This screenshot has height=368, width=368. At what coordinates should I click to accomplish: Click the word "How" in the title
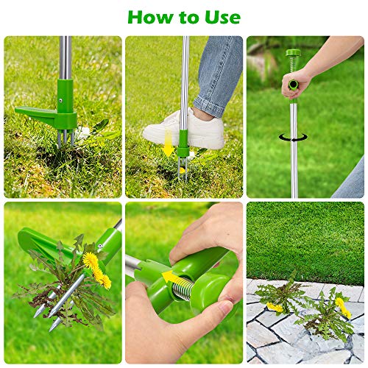[x=150, y=16]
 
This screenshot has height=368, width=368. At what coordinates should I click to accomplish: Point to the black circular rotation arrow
[x=294, y=138]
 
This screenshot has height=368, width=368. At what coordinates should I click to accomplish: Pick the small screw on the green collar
[x=60, y=104]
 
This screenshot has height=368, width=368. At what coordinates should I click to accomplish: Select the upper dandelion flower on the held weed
[x=90, y=260]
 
